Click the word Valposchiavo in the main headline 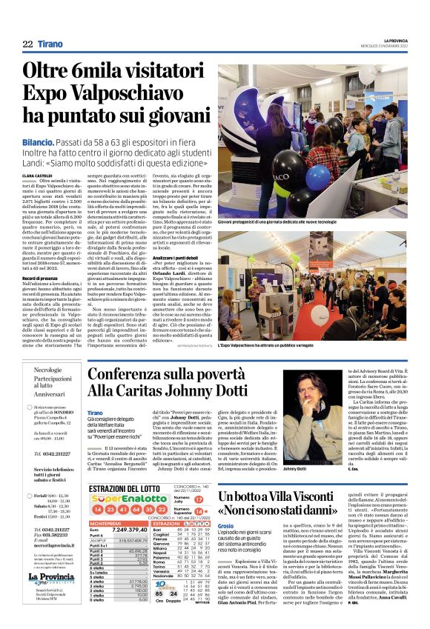click(113, 94)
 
